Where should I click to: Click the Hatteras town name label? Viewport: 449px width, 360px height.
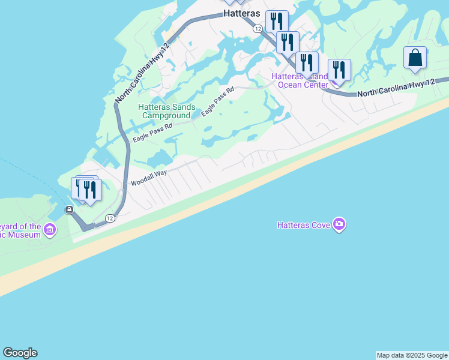click(244, 13)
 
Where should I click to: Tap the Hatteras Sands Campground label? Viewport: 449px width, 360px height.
click(166, 111)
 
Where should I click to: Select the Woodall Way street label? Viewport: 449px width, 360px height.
click(149, 178)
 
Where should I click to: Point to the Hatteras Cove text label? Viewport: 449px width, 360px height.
click(304, 225)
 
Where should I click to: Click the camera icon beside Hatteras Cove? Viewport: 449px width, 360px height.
click(340, 224)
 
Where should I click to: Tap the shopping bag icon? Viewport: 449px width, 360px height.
click(415, 58)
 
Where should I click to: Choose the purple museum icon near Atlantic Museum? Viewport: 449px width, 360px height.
click(50, 230)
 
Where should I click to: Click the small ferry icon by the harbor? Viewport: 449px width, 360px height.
click(70, 209)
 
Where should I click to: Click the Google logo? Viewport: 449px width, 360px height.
click(20, 353)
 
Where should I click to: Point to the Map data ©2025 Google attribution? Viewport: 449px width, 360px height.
click(412, 355)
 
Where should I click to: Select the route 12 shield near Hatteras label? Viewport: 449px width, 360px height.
click(258, 28)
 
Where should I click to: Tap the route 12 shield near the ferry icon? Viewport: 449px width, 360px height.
click(110, 218)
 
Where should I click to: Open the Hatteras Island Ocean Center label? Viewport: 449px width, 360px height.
click(303, 80)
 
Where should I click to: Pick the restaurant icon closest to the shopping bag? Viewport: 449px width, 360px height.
click(339, 70)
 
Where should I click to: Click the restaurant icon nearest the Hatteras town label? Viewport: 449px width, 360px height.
click(277, 21)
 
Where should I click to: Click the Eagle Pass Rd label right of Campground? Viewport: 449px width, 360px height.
click(217, 102)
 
